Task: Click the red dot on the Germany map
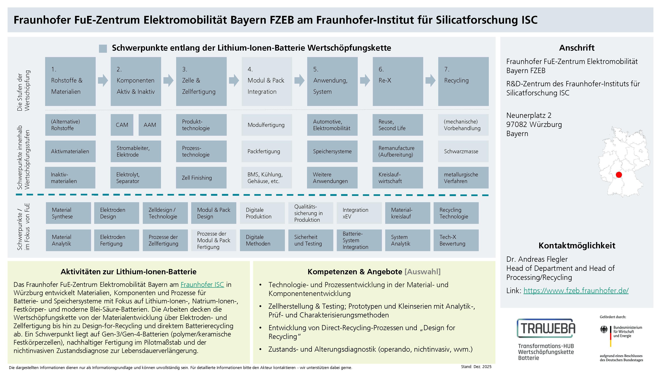pyautogui.click(x=619, y=175)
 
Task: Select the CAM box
pyautogui.click(x=122, y=125)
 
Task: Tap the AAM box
pyautogui.click(x=150, y=125)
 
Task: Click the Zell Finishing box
pyautogui.click(x=201, y=178)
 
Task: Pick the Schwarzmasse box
pyautogui.click(x=463, y=151)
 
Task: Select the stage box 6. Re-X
pyautogui.click(x=398, y=81)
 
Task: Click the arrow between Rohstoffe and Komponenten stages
pyautogui.click(x=103, y=80)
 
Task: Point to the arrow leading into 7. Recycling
pyautogui.click(x=430, y=80)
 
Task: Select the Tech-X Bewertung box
pyautogui.click(x=456, y=240)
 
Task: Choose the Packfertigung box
pyautogui.click(x=267, y=151)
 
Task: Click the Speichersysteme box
pyautogui.click(x=332, y=151)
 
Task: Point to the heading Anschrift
pyautogui.click(x=577, y=48)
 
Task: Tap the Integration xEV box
pyautogui.click(x=359, y=213)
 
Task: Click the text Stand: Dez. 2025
pyautogui.click(x=476, y=367)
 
